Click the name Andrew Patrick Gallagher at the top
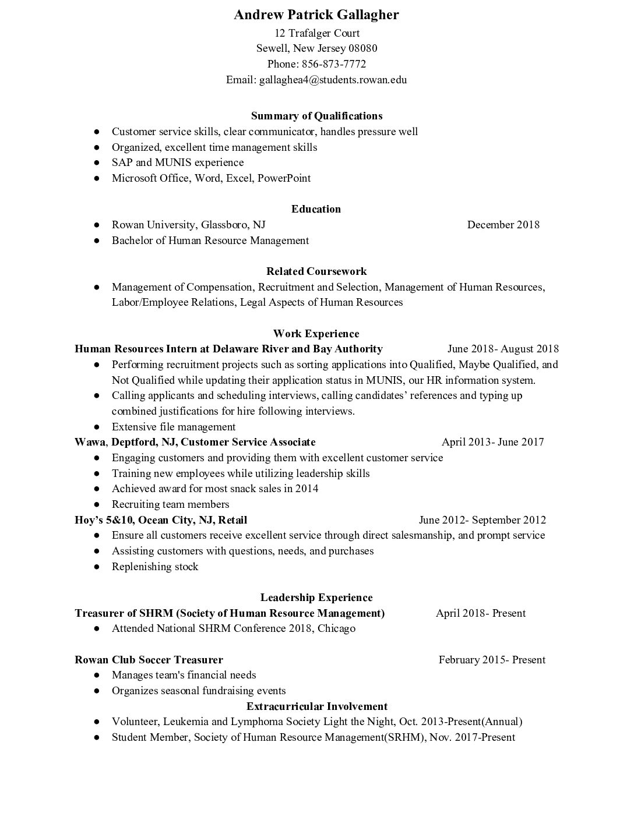pyautogui.click(x=316, y=15)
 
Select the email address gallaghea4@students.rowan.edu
pyautogui.click(x=333, y=80)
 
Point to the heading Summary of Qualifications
pyautogui.click(x=316, y=116)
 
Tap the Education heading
pyautogui.click(x=316, y=209)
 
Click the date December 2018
pyautogui.click(x=503, y=225)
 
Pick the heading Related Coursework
pyautogui.click(x=316, y=271)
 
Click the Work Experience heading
pyautogui.click(x=316, y=334)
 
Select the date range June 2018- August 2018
pyautogui.click(x=503, y=349)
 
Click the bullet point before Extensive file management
pyautogui.click(x=97, y=427)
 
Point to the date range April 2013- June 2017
pyautogui.click(x=492, y=442)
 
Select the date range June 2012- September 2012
pyautogui.click(x=482, y=520)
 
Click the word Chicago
pyautogui.click(x=336, y=628)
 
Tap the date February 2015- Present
pyautogui.click(x=492, y=660)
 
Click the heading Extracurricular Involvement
pyautogui.click(x=316, y=706)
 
